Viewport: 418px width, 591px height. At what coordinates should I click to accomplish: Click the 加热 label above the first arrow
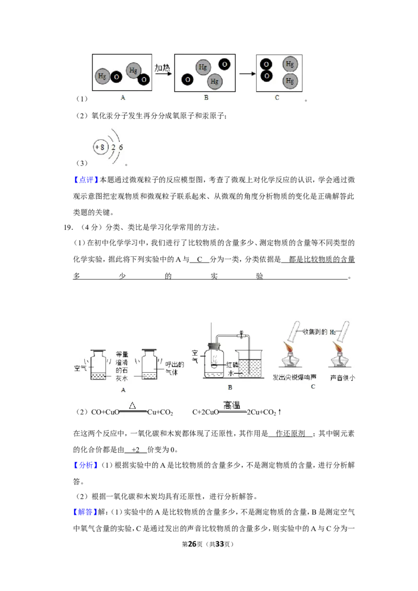pos(162,67)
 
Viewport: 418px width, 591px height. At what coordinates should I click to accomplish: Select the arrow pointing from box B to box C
pos(247,74)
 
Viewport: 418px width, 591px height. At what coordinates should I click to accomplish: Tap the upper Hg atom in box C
pos(290,64)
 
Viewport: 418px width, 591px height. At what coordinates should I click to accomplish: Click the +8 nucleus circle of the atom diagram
pos(100,147)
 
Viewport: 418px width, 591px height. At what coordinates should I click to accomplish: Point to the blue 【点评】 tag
pos(85,180)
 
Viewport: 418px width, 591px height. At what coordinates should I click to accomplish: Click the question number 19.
pos(68,227)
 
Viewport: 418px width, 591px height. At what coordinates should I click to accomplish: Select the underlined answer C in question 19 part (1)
pos(200,259)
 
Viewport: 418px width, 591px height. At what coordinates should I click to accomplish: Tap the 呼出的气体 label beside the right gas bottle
pos(175,368)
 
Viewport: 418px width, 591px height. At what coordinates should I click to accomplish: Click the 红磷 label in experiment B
pos(233,365)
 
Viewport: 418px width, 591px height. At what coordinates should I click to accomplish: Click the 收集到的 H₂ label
pos(319,332)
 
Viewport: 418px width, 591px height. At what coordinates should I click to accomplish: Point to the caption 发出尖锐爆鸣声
pos(294,377)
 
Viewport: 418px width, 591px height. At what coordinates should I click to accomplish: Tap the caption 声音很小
pos(342,377)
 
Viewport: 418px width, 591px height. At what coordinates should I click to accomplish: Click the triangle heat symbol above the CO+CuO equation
pos(132,406)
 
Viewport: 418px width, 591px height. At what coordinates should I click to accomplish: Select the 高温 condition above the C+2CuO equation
pos(231,405)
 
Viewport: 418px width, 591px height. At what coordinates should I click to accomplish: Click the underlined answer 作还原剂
pos(291,433)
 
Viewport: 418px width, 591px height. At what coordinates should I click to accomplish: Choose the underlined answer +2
pos(135,450)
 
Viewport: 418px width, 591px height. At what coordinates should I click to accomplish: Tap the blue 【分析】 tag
pos(85,465)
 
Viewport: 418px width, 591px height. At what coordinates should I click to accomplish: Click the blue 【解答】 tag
pos(85,512)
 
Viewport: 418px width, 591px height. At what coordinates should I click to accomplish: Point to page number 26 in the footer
pos(192,544)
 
